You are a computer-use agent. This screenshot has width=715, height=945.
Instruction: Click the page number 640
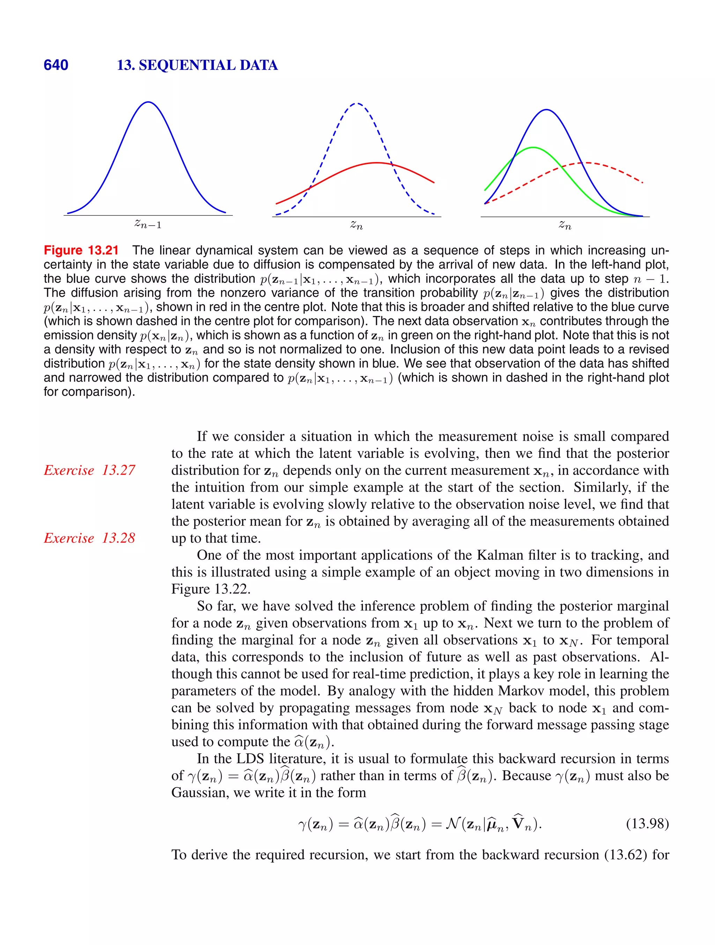(56, 65)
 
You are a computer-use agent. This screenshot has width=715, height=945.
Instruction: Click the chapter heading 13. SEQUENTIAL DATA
(197, 65)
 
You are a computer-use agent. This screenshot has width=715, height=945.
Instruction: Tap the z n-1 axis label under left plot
(148, 224)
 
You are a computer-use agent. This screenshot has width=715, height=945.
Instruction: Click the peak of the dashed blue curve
(357, 103)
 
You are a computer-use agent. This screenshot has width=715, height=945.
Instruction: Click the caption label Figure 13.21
(81, 250)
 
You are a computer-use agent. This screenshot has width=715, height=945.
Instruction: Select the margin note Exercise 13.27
(89, 470)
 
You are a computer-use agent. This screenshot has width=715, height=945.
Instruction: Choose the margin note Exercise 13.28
(89, 538)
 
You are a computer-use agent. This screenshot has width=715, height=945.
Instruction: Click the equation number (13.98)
(647, 823)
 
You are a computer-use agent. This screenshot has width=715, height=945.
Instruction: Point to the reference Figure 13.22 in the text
(211, 589)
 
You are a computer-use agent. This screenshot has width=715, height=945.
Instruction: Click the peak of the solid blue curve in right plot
(546, 110)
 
